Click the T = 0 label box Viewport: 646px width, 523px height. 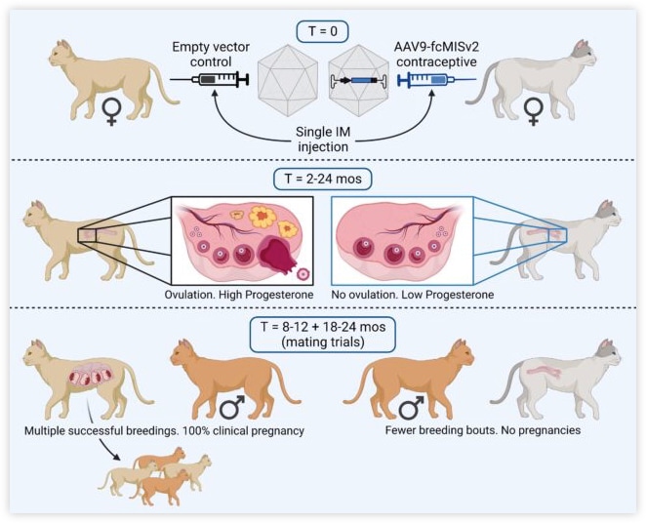click(323, 31)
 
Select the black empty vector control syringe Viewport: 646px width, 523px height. click(210, 79)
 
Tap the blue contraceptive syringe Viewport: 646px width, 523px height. click(437, 79)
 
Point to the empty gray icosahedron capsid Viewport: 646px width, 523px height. click(288, 80)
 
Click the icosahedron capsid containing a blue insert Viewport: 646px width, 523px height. click(358, 80)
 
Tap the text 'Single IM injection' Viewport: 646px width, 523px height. click(323, 140)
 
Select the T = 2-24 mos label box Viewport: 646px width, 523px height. click(323, 180)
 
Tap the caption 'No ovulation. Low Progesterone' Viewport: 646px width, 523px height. click(413, 295)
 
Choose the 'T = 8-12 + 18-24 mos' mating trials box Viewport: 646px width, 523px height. click(323, 335)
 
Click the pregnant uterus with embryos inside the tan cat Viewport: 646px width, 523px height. click(91, 376)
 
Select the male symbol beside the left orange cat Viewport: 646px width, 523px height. click(233, 408)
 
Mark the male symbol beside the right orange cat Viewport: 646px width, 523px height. click(412, 408)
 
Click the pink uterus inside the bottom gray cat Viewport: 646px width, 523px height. click(542, 371)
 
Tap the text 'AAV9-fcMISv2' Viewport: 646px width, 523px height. click(437, 47)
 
